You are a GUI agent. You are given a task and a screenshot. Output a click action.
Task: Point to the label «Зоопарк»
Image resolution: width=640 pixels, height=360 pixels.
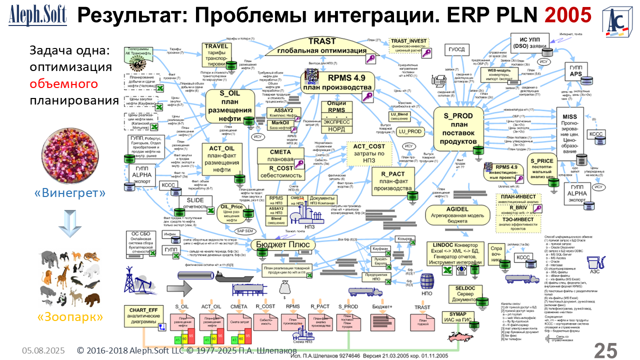tap(70, 316)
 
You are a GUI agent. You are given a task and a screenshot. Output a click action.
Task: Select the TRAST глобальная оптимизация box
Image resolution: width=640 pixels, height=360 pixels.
tap(322, 48)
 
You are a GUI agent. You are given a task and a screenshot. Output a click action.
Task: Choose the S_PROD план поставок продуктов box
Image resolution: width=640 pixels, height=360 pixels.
tap(458, 128)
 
